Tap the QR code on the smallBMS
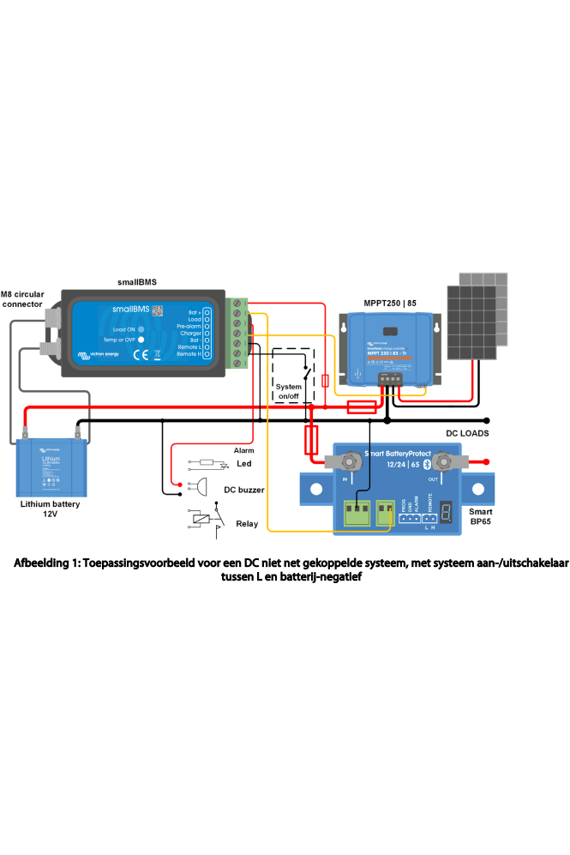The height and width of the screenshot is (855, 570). point(157,310)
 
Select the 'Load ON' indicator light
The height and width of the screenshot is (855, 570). point(141,329)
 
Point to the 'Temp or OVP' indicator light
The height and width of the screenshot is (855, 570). point(141,340)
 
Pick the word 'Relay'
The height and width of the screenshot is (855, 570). point(247,523)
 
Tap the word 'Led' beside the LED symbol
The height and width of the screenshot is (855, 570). point(243,464)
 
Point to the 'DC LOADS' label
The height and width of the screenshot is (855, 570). point(467,434)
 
